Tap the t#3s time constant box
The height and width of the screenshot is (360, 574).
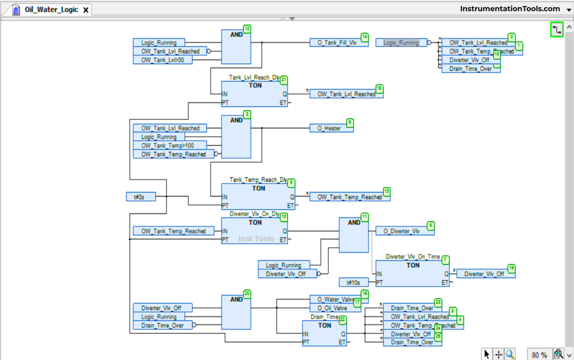(141, 197)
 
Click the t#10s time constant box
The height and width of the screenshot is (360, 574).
(353, 283)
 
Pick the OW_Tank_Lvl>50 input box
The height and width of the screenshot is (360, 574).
(163, 60)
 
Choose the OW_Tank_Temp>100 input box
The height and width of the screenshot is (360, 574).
(169, 146)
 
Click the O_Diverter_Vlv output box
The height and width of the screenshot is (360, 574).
(401, 231)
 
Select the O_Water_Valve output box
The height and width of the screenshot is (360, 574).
(335, 299)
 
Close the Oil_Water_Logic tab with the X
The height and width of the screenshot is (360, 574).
(86, 10)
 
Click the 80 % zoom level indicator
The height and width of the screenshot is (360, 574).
(539, 355)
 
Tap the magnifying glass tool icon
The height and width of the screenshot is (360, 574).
(510, 354)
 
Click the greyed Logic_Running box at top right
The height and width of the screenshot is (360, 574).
(401, 43)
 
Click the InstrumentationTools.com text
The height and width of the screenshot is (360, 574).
(510, 9)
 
